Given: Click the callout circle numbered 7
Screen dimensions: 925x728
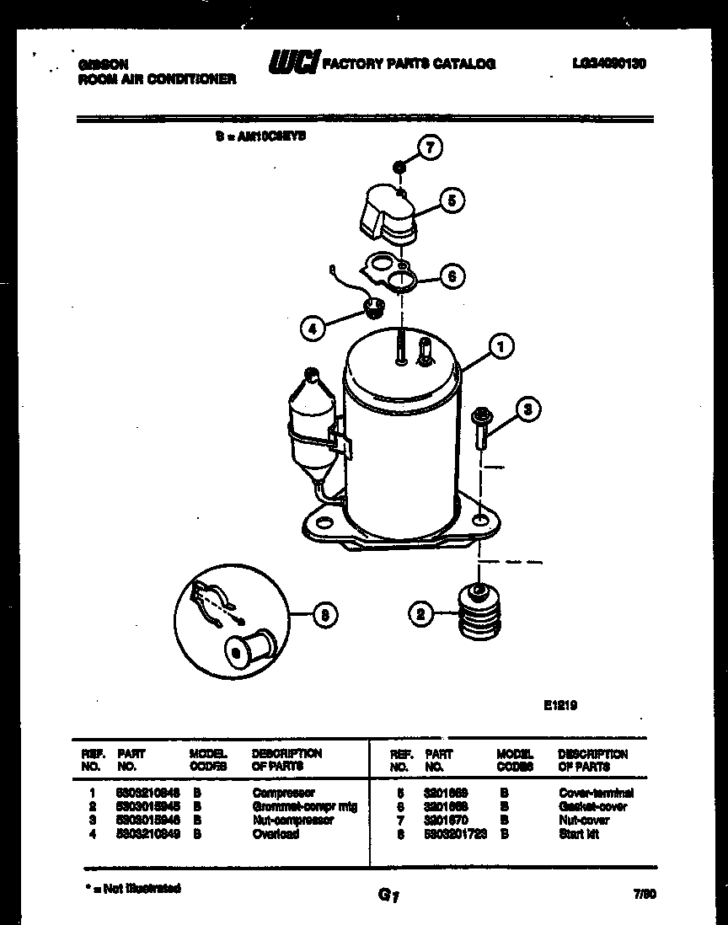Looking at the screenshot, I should [431, 148].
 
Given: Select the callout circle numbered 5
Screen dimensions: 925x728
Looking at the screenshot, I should [452, 201].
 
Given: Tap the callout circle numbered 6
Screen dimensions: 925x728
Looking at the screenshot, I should [452, 275].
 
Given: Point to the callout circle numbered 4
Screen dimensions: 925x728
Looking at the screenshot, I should [313, 329].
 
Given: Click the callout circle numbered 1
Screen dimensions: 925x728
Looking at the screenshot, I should [501, 345].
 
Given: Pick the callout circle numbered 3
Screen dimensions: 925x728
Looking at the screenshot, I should [527, 410].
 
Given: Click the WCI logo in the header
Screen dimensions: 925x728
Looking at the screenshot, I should [293, 62].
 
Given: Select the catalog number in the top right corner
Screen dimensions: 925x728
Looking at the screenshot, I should [608, 63].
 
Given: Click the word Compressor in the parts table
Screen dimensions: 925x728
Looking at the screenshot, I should [283, 793].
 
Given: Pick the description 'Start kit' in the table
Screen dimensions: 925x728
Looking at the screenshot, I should [578, 834].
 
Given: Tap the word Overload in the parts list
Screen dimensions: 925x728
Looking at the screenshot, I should [276, 834].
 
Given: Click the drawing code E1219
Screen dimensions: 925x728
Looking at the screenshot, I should [560, 706].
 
